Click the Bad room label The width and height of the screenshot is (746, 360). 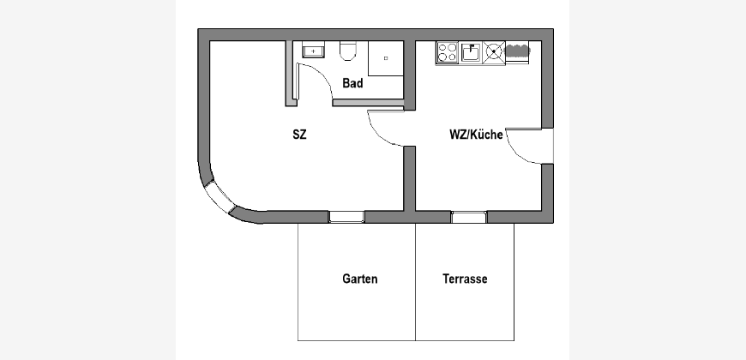tap(352, 83)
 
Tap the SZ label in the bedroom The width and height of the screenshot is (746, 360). tap(300, 135)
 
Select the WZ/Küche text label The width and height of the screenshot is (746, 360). tap(476, 135)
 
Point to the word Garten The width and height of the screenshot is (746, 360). tap(359, 279)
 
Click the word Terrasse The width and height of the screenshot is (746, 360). tap(465, 279)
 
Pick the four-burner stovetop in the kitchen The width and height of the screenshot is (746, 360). tap(447, 53)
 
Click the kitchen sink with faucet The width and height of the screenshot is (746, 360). tap(471, 52)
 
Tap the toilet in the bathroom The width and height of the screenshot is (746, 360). tap(348, 51)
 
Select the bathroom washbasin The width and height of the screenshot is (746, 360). tap(313, 50)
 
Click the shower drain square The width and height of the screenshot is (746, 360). tap(386, 58)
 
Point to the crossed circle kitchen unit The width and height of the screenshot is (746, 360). tap(494, 52)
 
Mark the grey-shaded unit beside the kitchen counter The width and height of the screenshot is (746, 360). tap(518, 51)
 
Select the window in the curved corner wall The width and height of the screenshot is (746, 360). tap(218, 197)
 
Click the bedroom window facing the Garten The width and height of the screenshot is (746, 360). tap(346, 217)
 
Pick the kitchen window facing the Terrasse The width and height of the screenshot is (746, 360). tap(469, 217)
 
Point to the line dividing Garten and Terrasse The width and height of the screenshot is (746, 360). tap(415, 282)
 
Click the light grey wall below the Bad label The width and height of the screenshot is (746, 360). tap(368, 103)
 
